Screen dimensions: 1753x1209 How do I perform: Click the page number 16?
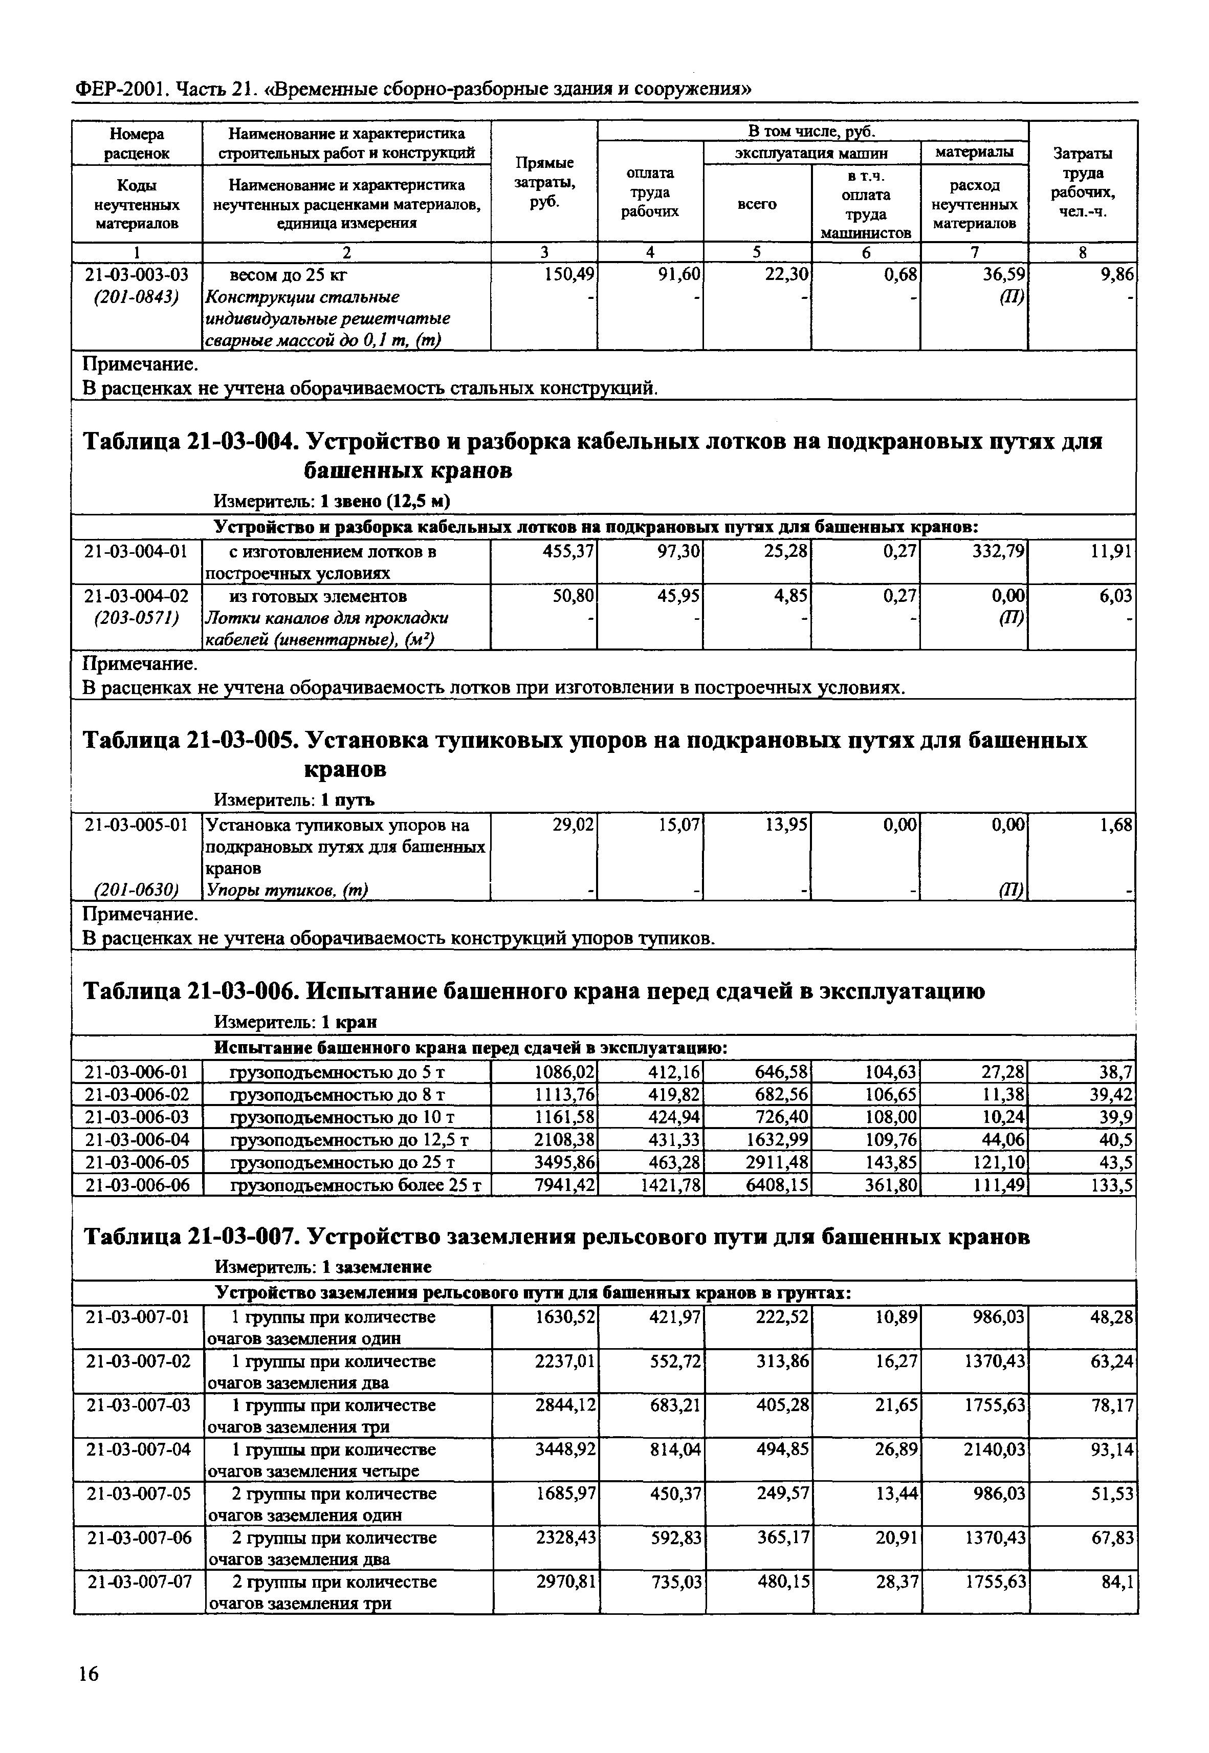[88, 1674]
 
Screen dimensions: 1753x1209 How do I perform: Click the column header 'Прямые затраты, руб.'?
[544, 183]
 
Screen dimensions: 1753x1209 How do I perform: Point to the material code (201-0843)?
[137, 297]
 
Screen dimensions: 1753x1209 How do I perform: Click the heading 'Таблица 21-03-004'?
[186, 442]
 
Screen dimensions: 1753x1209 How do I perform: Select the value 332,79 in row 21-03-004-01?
[998, 552]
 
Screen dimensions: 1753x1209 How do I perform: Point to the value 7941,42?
[564, 1185]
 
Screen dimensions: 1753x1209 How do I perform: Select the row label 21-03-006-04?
[137, 1139]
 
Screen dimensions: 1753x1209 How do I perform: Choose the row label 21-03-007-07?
[137, 1583]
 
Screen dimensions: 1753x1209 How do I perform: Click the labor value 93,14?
[1112, 1450]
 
